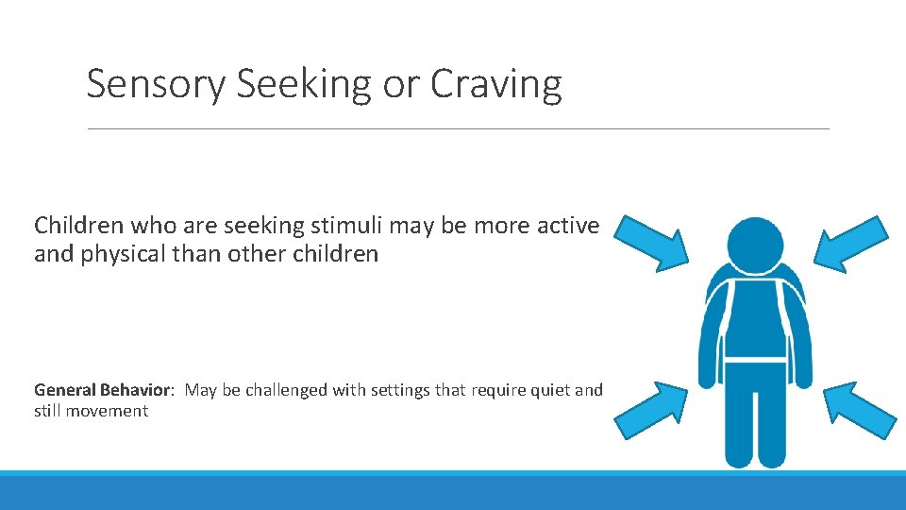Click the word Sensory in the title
[157, 85]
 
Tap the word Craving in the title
[495, 85]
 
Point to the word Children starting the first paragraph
[77, 226]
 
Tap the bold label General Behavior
[103, 390]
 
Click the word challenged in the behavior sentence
[287, 390]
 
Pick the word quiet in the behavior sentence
[545, 390]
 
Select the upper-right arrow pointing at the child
[853, 242]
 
